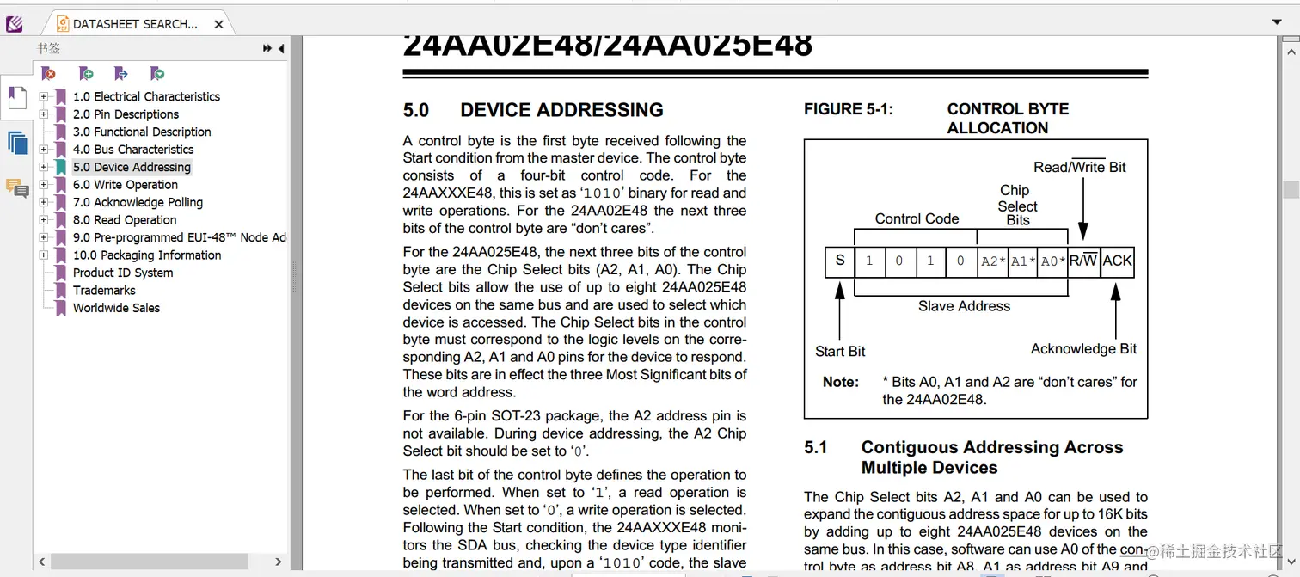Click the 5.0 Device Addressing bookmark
[x=132, y=167]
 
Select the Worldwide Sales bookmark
[x=116, y=308]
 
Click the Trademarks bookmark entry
[x=104, y=291]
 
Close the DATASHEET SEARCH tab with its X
[x=218, y=24]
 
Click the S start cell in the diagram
[x=840, y=261]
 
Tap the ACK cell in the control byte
[x=1117, y=261]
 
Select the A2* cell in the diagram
[x=993, y=261]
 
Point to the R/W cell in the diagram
[x=1083, y=261]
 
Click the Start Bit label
[x=840, y=351]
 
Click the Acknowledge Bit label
[x=1083, y=348]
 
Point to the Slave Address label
[x=964, y=306]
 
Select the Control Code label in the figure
[x=917, y=218]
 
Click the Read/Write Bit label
[x=1080, y=167]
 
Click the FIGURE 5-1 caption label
[x=848, y=109]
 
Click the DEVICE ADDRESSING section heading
[x=561, y=110]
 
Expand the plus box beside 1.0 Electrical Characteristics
[x=44, y=96]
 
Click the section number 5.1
[x=815, y=447]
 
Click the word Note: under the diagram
[x=840, y=382]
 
